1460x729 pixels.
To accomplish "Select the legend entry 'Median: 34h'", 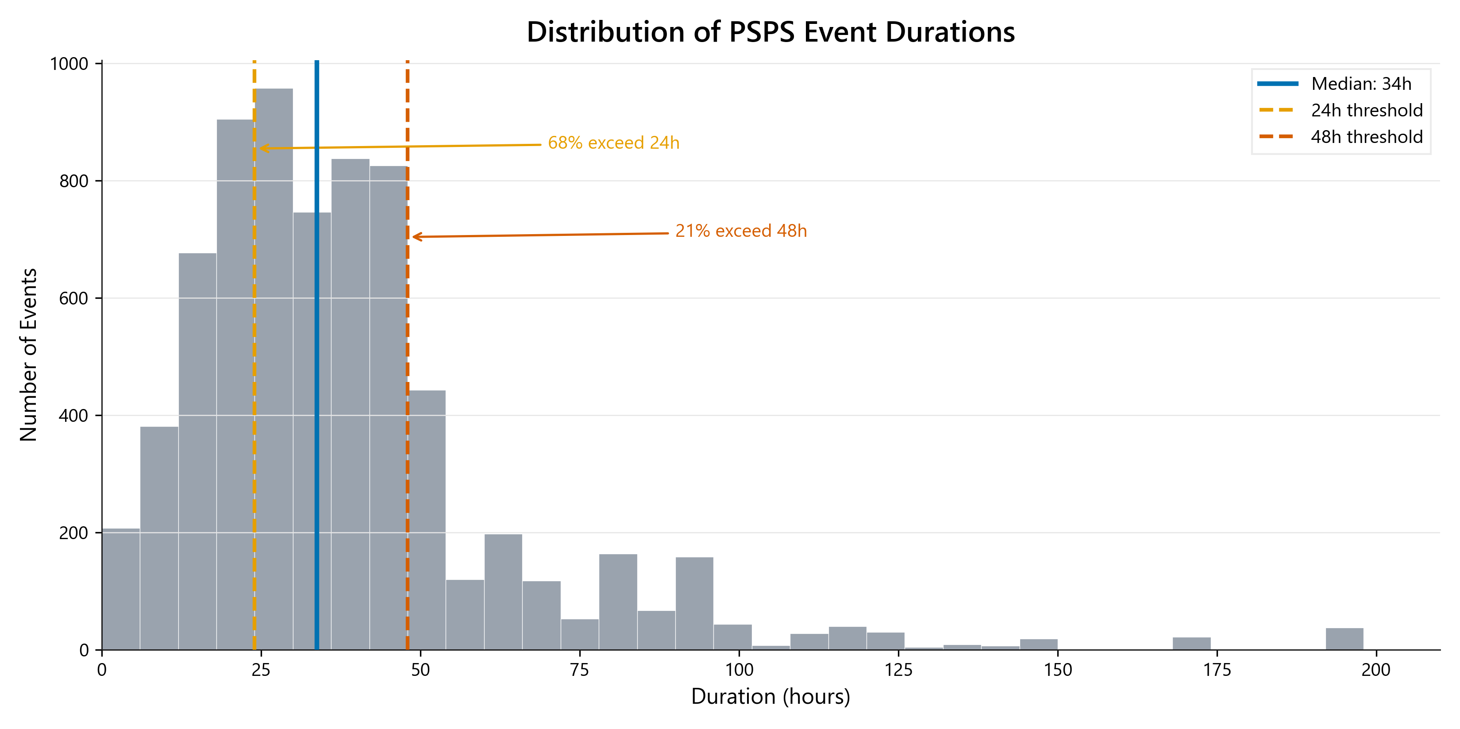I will [x=1361, y=84].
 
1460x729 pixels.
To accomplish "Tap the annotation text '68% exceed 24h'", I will [x=613, y=143].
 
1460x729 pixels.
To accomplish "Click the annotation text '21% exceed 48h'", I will [x=741, y=231].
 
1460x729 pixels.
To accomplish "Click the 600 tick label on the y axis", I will [x=73, y=298].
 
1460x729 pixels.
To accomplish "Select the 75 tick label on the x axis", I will [x=579, y=670].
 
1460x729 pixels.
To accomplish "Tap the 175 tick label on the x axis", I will [x=1217, y=670].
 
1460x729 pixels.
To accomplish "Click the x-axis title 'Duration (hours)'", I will [x=770, y=697].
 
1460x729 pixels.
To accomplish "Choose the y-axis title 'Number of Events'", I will [x=28, y=355].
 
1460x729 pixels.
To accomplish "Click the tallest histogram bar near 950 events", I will [x=274, y=368].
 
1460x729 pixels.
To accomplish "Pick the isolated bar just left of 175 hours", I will [x=1191, y=644].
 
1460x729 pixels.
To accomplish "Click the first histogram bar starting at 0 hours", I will [x=121, y=590].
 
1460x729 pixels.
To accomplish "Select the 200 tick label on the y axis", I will [x=73, y=533].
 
